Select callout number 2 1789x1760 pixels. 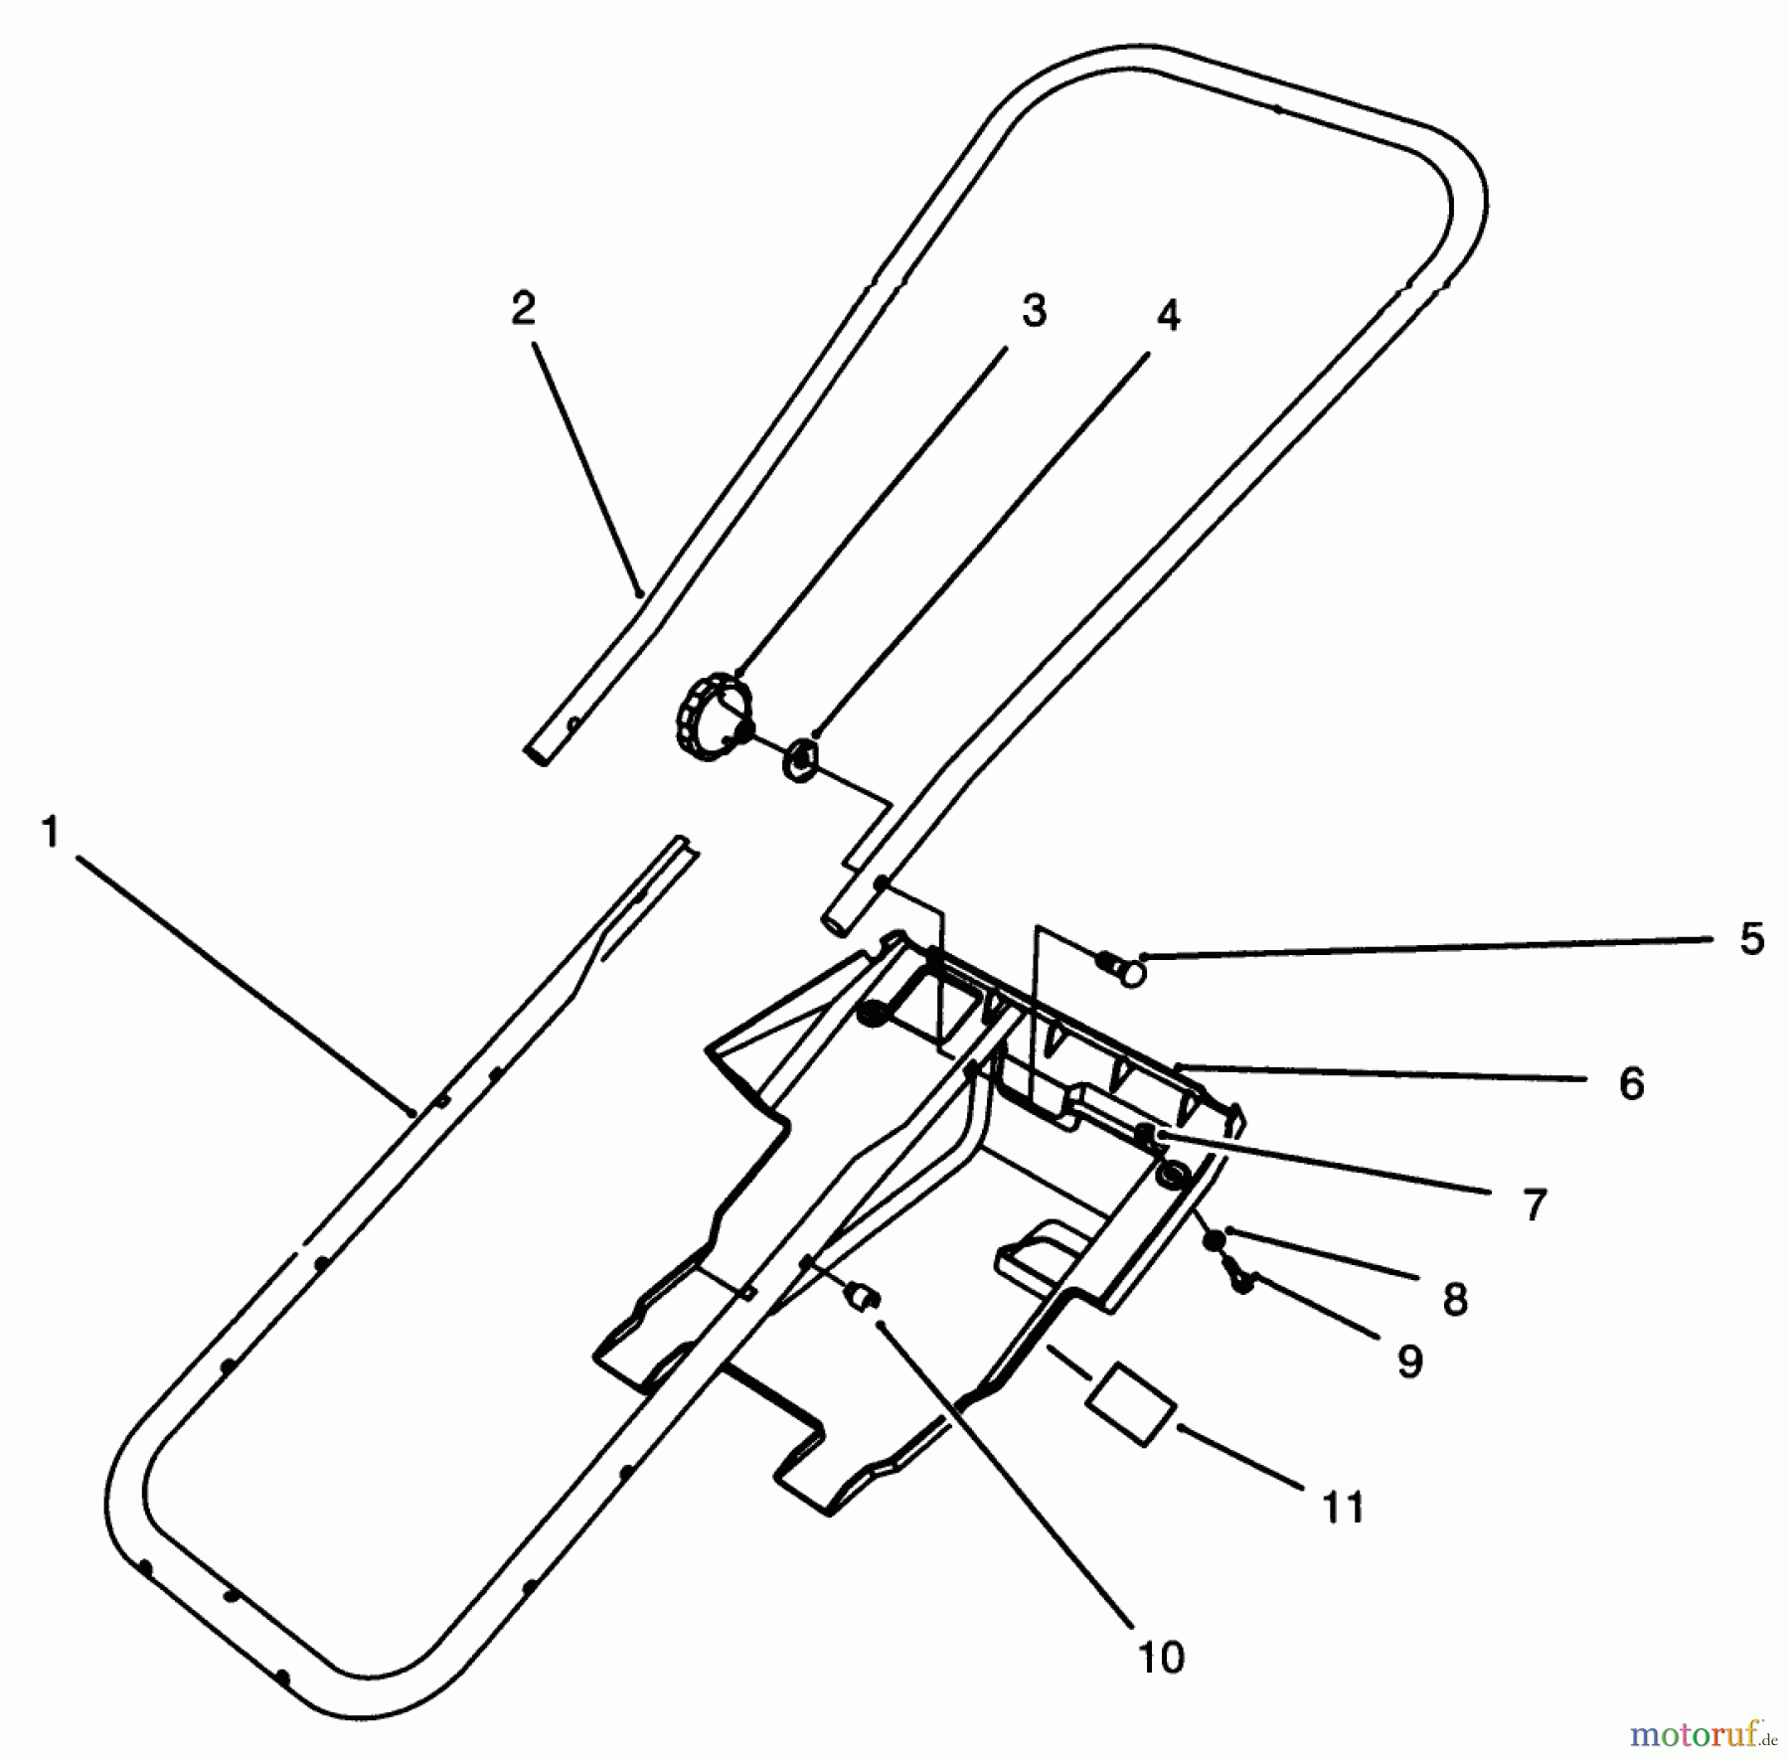[523, 308]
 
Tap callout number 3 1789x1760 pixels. [1034, 312]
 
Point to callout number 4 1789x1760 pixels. [1168, 317]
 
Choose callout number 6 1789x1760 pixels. [1631, 1083]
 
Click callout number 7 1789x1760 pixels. [1535, 1205]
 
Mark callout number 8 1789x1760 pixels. [1455, 1298]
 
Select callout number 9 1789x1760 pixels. [1410, 1360]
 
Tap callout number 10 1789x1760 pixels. [1160, 1657]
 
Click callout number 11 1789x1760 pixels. [1344, 1508]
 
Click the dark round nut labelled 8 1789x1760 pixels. [1214, 1241]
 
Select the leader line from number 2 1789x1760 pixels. [587, 467]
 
